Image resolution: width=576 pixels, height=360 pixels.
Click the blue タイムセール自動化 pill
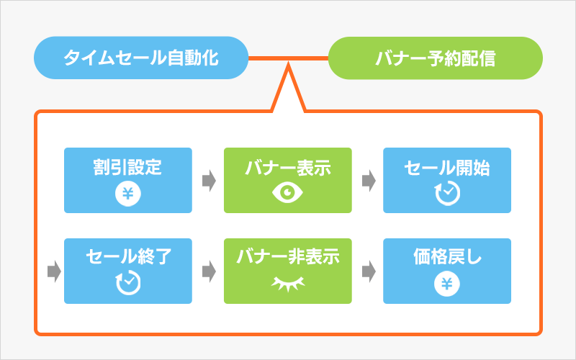pyautogui.click(x=141, y=58)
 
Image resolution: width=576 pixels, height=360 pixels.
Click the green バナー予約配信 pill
pyautogui.click(x=435, y=58)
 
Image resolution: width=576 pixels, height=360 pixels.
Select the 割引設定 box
pyautogui.click(x=128, y=180)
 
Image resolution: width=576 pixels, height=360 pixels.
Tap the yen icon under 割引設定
pyautogui.click(x=128, y=194)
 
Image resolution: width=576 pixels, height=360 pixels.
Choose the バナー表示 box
pyautogui.click(x=287, y=180)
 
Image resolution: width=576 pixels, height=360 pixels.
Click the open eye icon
pyautogui.click(x=287, y=193)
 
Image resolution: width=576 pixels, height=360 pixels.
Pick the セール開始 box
pyautogui.click(x=446, y=180)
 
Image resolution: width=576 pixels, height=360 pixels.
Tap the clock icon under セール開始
pyautogui.click(x=446, y=193)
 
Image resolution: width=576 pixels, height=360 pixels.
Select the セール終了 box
pyautogui.click(x=128, y=271)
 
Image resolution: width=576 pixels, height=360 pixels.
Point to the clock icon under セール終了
pyautogui.click(x=128, y=284)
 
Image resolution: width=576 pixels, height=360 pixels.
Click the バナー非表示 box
pyautogui.click(x=287, y=271)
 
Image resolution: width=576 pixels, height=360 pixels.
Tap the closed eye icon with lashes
pyautogui.click(x=287, y=284)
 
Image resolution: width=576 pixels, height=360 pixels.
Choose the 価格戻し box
pyautogui.click(x=446, y=271)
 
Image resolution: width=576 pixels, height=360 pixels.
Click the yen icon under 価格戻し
pyautogui.click(x=446, y=284)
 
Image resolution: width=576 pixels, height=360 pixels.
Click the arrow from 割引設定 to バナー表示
pyautogui.click(x=208, y=181)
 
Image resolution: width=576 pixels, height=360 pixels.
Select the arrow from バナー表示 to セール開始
pyautogui.click(x=367, y=181)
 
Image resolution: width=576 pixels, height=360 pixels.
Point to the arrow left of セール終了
pyautogui.click(x=53, y=271)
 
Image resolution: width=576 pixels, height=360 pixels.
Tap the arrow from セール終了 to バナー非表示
pyautogui.click(x=208, y=271)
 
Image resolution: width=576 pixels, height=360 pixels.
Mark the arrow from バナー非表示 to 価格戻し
pyautogui.click(x=367, y=271)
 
